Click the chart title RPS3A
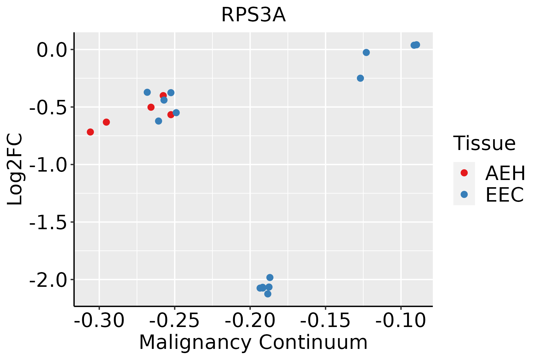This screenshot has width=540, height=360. pyautogui.click(x=253, y=15)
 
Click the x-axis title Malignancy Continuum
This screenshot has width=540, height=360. pyautogui.click(x=253, y=342)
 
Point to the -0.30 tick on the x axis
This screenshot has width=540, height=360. pyautogui.click(x=99, y=320)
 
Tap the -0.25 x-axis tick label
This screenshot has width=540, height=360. pyautogui.click(x=175, y=320)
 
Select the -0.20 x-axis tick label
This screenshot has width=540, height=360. pyautogui.click(x=250, y=320)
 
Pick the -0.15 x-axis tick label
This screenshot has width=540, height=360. pyautogui.click(x=325, y=320)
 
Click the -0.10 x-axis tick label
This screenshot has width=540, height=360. pyautogui.click(x=400, y=320)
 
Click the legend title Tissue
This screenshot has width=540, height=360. pyautogui.click(x=484, y=143)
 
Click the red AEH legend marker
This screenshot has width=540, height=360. pyautogui.click(x=464, y=173)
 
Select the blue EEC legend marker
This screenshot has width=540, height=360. pyautogui.click(x=464, y=194)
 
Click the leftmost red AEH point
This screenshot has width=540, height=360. pyautogui.click(x=90, y=132)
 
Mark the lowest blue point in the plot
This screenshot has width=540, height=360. pyautogui.click(x=268, y=294)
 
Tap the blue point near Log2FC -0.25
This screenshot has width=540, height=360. pyautogui.click(x=360, y=78)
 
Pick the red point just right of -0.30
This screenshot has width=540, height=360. pyautogui.click(x=106, y=122)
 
